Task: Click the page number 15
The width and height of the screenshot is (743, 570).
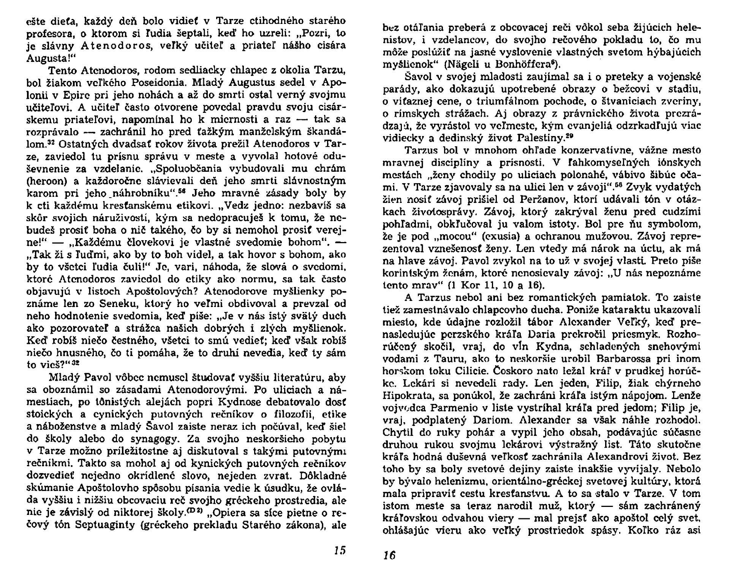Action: tap(340, 550)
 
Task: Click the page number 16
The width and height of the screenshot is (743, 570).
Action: tap(390, 555)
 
